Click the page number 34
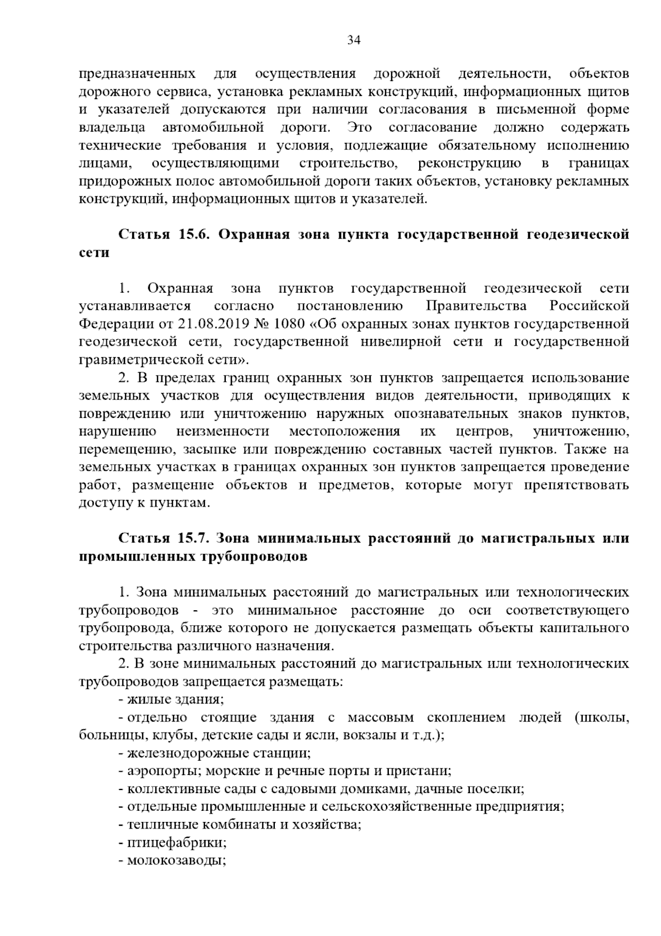[x=354, y=40]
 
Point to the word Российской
[x=589, y=306]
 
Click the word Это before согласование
[x=359, y=128]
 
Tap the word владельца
[x=112, y=128]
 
